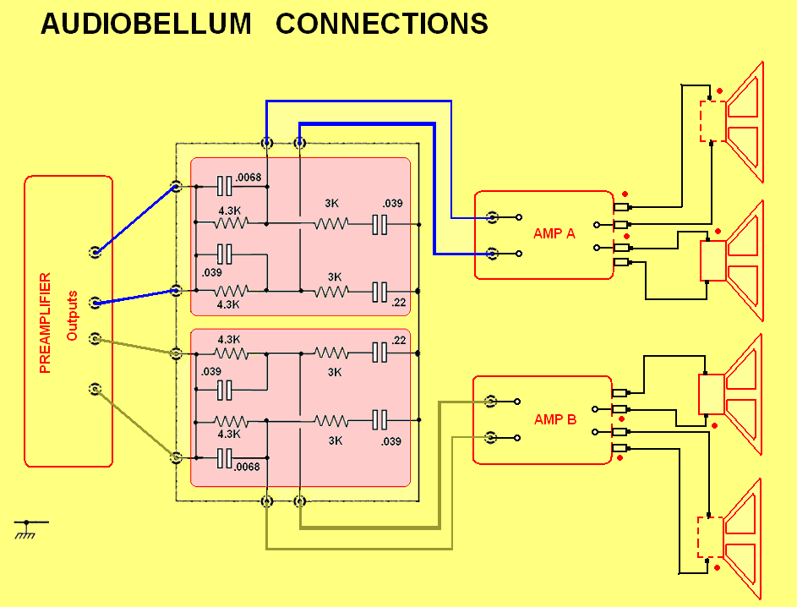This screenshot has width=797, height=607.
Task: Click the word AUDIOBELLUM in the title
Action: [x=146, y=24]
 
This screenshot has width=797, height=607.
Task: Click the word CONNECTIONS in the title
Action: [x=381, y=24]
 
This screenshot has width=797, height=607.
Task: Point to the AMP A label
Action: [x=554, y=233]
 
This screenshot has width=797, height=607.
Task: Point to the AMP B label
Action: [x=554, y=419]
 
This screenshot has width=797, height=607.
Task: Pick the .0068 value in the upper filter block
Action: [x=248, y=178]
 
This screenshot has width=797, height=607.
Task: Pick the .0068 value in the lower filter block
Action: [x=248, y=466]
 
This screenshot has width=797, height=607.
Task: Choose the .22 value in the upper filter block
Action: [x=399, y=302]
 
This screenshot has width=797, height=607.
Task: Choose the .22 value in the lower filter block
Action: [x=399, y=340]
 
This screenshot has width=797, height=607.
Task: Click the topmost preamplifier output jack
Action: [x=96, y=251]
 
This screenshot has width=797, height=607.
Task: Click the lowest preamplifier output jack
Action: [x=96, y=390]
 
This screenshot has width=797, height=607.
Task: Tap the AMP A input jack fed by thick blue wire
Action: [x=491, y=253]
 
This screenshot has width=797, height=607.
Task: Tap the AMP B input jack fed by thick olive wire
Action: [x=490, y=402]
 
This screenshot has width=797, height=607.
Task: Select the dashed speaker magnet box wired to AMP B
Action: [x=711, y=538]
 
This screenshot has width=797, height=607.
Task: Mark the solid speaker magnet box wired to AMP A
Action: [x=712, y=260]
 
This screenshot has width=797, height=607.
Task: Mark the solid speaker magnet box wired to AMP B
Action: [x=711, y=394]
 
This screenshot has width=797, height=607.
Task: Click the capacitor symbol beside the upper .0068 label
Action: [x=224, y=185]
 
